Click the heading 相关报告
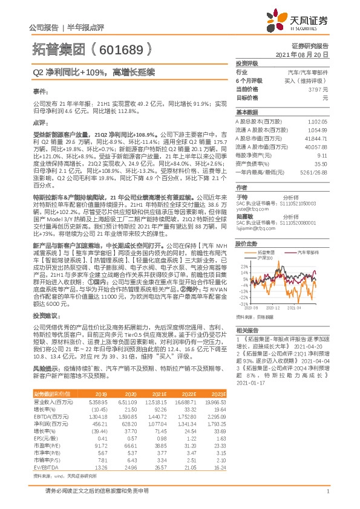(x=247, y=331)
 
